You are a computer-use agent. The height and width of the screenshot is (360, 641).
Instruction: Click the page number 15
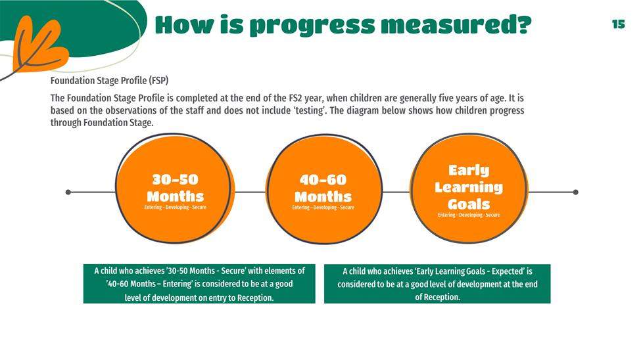619,24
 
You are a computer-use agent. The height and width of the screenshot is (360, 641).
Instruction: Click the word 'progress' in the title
312,26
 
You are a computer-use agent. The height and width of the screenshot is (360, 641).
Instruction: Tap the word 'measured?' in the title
456,24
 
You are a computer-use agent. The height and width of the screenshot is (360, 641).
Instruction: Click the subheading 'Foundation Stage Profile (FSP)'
110,81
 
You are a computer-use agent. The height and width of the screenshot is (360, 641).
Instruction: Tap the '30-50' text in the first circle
175,179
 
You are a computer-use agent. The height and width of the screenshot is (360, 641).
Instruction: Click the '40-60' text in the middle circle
323,179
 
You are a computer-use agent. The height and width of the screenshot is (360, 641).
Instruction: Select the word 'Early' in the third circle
469,170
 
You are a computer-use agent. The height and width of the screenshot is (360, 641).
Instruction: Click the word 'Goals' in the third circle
469,204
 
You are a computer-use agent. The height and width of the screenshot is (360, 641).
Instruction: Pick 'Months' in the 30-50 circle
175,196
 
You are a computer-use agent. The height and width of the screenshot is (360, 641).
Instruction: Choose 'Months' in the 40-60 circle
323,196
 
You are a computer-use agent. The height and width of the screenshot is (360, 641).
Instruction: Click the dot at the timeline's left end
68,192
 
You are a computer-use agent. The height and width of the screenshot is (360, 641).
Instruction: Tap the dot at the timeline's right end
576,192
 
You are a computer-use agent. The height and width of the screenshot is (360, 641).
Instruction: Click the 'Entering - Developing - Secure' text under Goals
469,215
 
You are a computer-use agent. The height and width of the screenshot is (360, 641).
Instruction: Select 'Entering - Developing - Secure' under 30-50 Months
175,207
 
